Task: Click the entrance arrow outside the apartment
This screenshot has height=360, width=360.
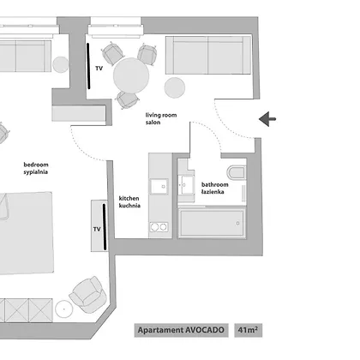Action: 267,119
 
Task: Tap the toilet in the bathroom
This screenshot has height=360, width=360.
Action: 237,172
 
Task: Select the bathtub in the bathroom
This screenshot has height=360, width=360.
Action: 212,223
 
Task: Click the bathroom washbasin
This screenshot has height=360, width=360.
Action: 186,184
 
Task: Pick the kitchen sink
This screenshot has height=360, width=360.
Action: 159,187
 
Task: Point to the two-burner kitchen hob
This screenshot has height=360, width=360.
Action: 159,227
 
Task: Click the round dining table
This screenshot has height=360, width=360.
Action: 131,75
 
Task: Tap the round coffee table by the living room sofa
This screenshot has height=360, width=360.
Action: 175,87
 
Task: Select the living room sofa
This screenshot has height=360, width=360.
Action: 208,55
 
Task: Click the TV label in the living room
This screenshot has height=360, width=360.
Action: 99,69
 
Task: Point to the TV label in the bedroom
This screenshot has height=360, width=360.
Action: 97,229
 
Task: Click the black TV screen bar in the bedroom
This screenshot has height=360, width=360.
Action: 105,226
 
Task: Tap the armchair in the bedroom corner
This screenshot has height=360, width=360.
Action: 87,294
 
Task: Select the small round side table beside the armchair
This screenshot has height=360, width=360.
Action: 63,309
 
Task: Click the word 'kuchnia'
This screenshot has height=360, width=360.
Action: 129,206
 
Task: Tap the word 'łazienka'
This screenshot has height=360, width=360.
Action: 213,192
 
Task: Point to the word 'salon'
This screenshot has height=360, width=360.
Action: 153,123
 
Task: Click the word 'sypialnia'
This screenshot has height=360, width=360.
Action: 36,172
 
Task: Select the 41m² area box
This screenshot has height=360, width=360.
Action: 249,330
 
